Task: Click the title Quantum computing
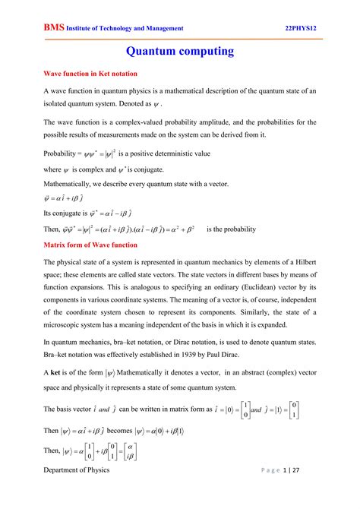pyautogui.click(x=180, y=52)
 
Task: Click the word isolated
pyautogui.click(x=58, y=103)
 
